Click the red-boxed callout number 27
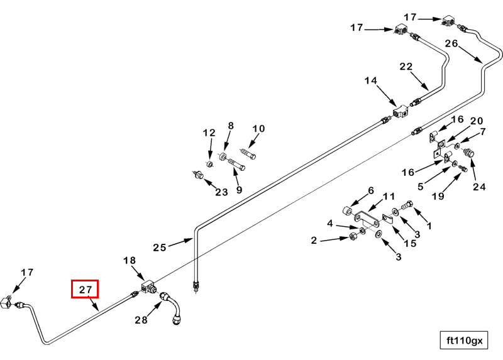click(86, 290)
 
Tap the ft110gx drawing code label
click(464, 341)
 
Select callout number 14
click(370, 80)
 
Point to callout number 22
click(406, 67)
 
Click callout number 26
click(451, 43)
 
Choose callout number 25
click(159, 248)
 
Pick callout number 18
click(130, 261)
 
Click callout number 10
click(258, 129)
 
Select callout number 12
click(209, 133)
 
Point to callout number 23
click(221, 192)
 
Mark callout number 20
click(476, 121)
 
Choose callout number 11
click(389, 197)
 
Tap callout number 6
click(371, 190)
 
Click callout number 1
click(429, 225)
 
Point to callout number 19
click(438, 197)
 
